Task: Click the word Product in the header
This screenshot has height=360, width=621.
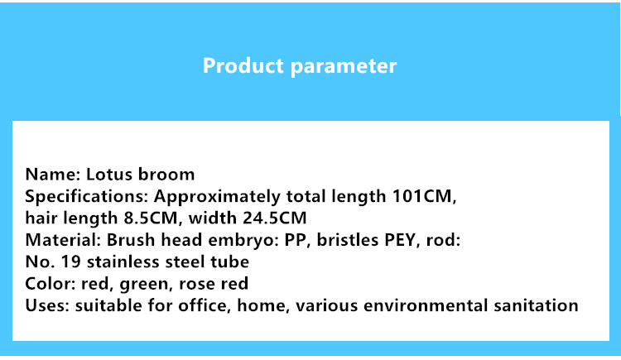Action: [x=243, y=65]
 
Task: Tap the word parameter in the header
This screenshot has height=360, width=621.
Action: [x=344, y=66]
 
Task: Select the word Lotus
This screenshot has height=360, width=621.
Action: [x=109, y=175]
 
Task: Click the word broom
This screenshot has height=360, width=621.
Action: [x=166, y=175]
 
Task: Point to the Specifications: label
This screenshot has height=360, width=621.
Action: [x=87, y=197]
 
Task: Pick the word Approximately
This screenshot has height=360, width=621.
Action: [x=217, y=197]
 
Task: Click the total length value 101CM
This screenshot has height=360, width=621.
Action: [x=424, y=196]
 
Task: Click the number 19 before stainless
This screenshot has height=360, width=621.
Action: [x=71, y=262]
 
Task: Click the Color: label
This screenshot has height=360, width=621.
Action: [x=51, y=284]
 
